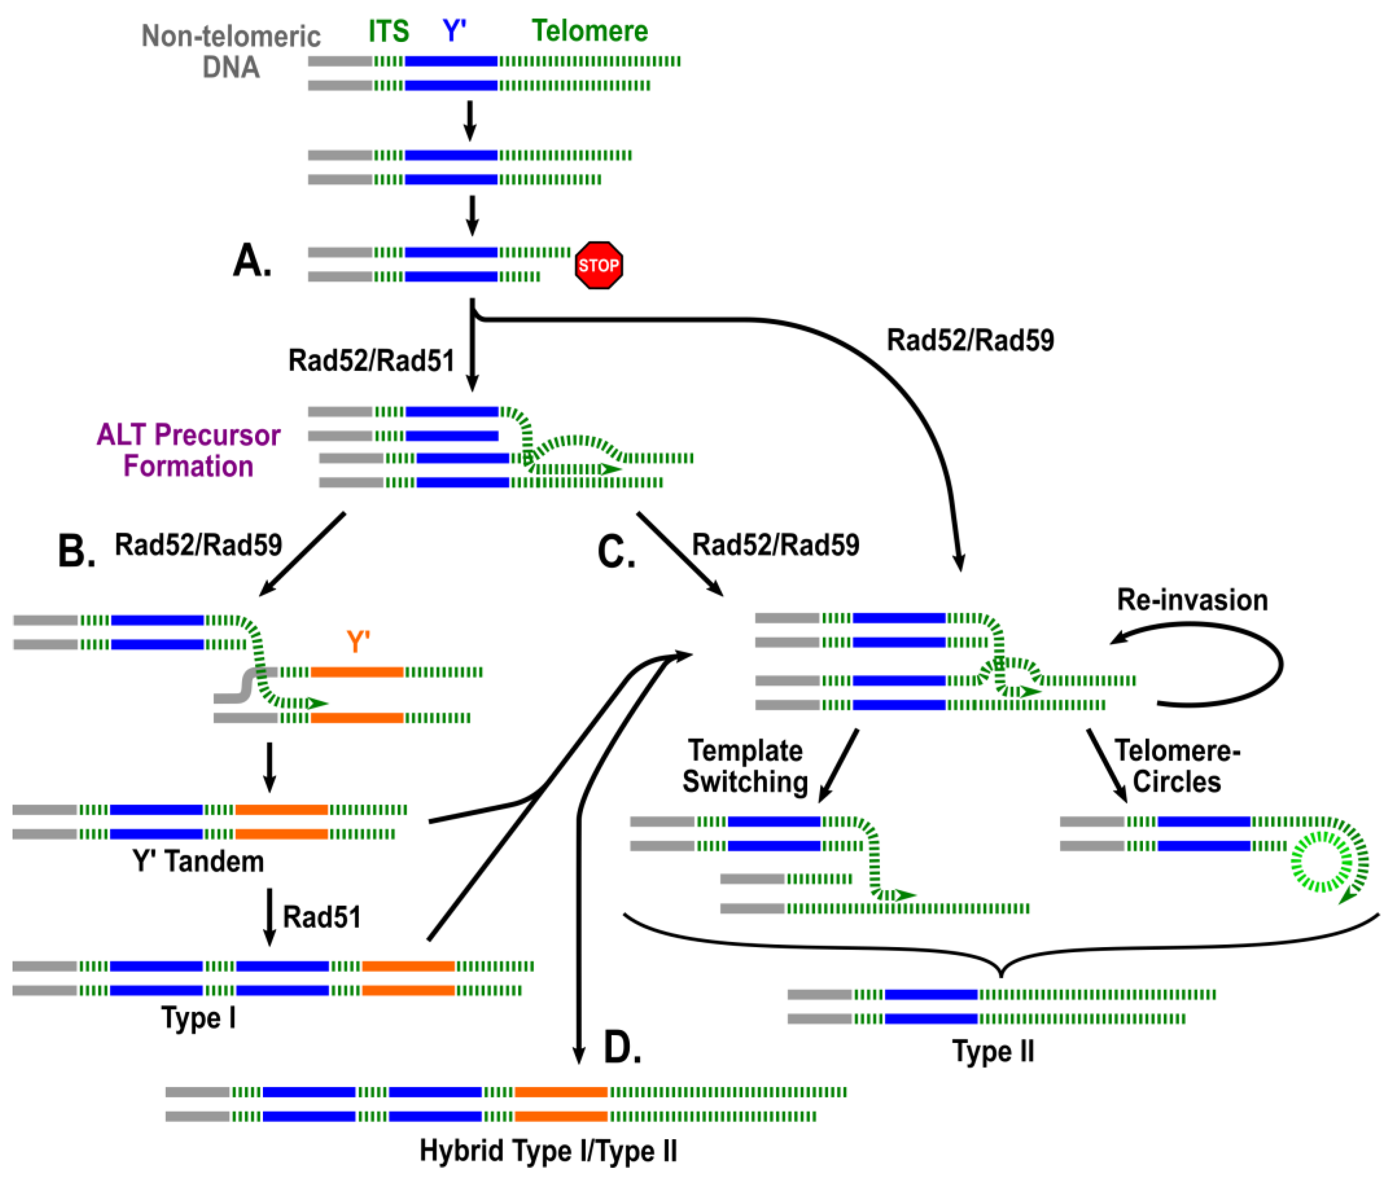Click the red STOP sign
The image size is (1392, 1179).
[x=598, y=265]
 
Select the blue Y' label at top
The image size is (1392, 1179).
[x=455, y=32]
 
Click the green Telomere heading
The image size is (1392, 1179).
[x=590, y=32]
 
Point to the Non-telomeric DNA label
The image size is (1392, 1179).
[x=230, y=51]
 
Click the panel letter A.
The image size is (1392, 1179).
[x=252, y=261]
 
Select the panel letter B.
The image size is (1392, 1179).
[x=76, y=552]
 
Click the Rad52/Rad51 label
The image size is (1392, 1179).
[x=371, y=361]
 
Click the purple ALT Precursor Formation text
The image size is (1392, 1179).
[x=189, y=450]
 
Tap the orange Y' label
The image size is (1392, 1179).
[x=358, y=642]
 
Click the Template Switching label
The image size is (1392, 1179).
[x=745, y=766]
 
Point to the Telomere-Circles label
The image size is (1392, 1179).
[x=1177, y=766]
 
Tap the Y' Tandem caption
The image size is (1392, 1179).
[x=199, y=861]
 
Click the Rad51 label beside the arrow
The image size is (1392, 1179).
[x=322, y=917]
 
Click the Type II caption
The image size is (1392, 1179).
[x=993, y=1051]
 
